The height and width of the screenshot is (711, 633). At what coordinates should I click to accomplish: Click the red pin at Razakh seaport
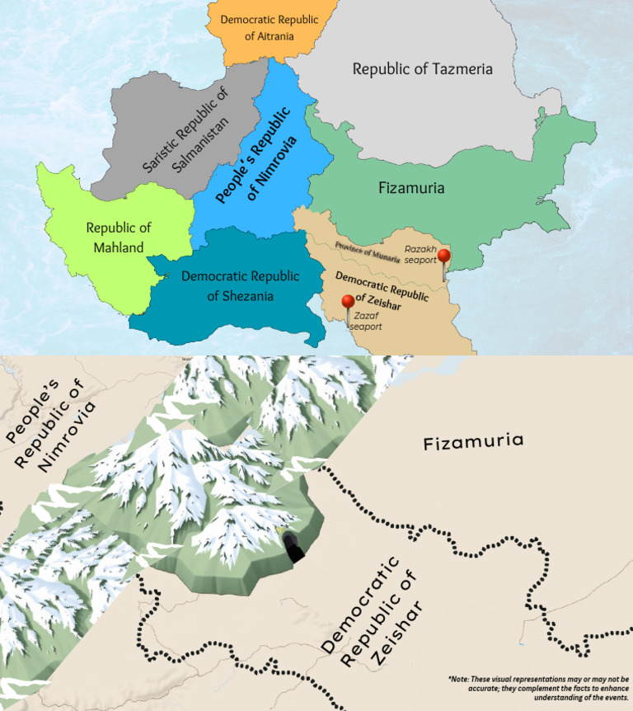click(x=444, y=257)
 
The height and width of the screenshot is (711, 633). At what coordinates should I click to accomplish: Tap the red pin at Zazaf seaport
click(x=348, y=302)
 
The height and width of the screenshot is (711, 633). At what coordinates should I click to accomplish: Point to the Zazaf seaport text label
click(x=365, y=321)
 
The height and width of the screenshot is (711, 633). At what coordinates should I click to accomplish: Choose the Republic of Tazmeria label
click(x=422, y=68)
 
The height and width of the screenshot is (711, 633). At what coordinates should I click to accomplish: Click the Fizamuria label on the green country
click(x=411, y=188)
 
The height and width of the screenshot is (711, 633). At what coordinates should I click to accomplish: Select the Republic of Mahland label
click(x=119, y=237)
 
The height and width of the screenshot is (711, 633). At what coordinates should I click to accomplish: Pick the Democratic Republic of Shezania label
click(x=240, y=285)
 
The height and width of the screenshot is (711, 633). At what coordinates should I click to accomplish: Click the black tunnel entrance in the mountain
click(x=293, y=548)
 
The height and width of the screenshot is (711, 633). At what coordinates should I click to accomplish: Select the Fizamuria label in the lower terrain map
click(x=473, y=442)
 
